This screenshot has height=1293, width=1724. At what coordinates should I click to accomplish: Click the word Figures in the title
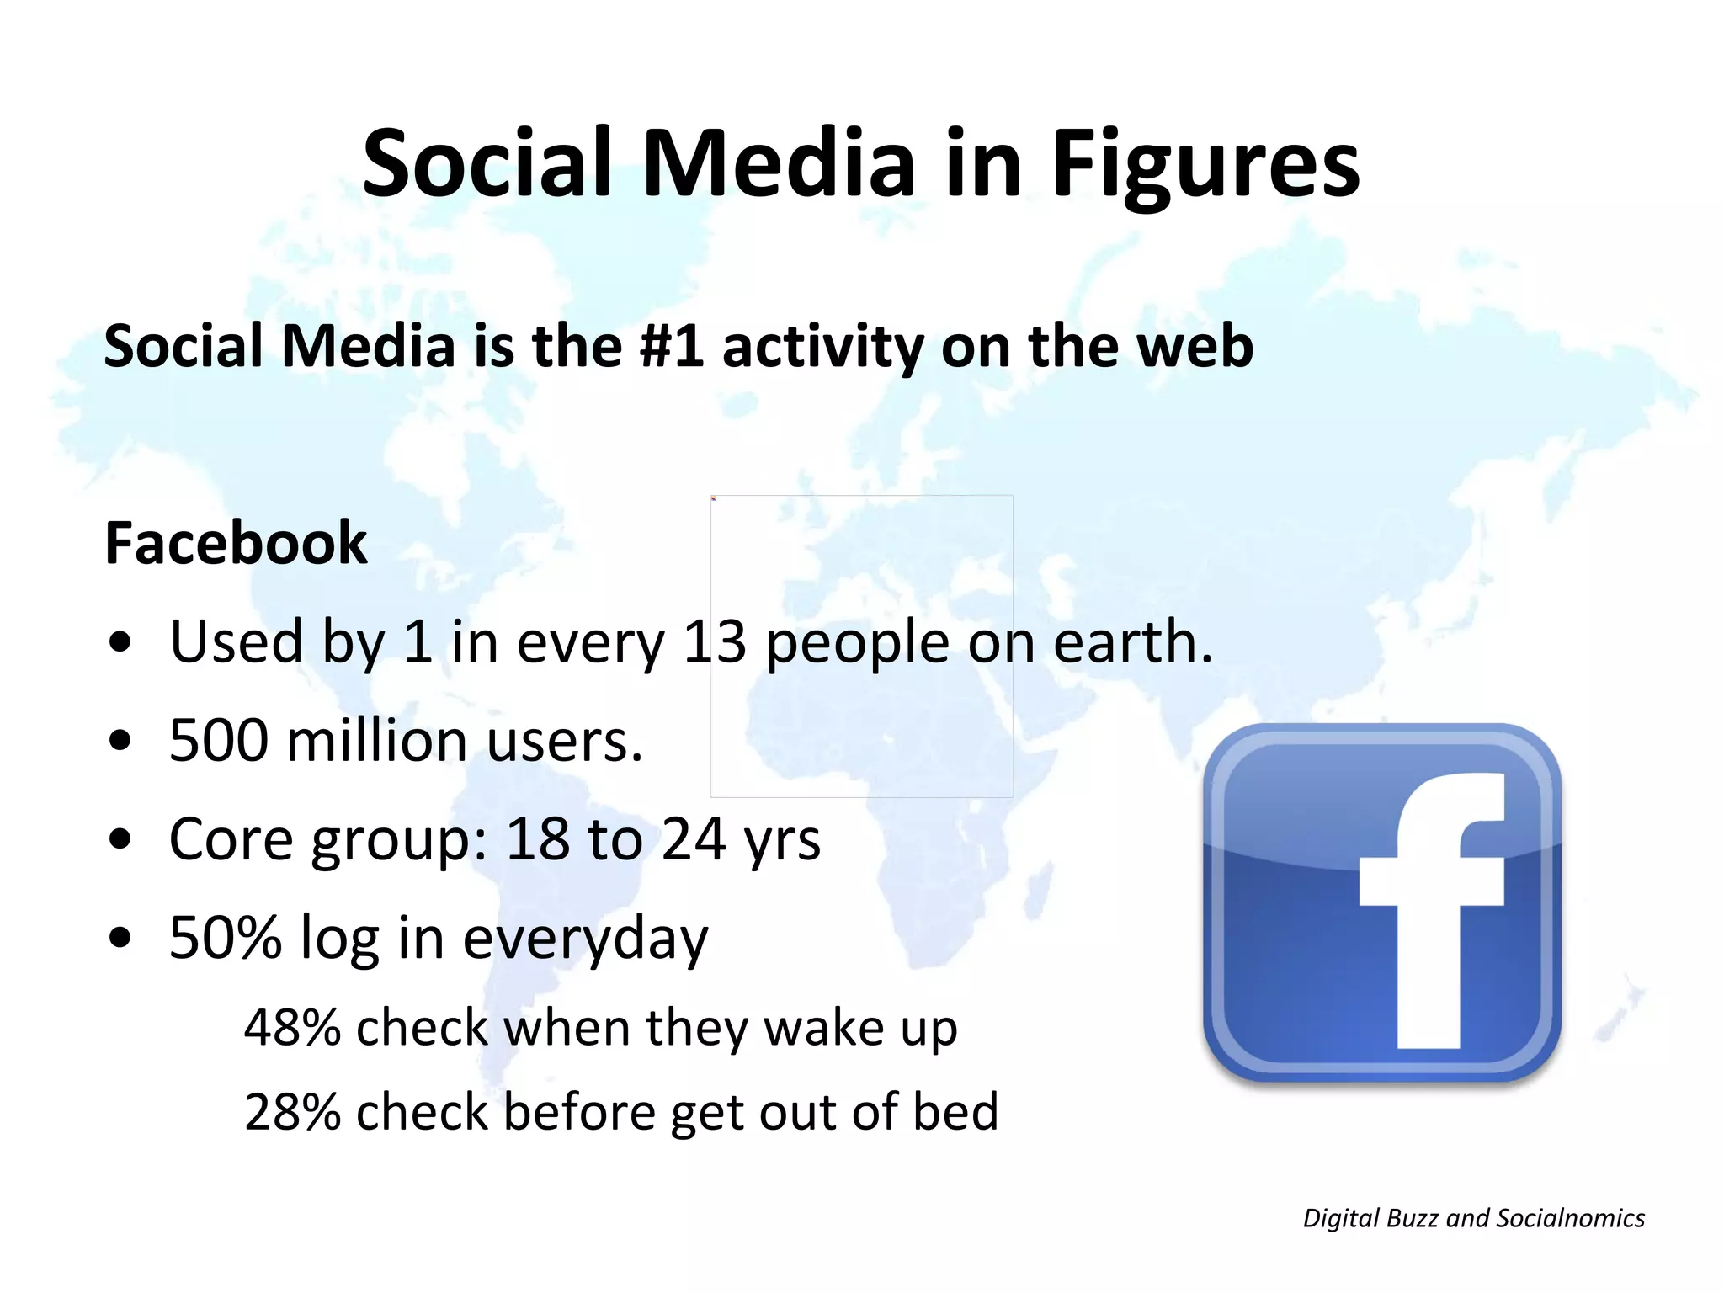pos(1205,164)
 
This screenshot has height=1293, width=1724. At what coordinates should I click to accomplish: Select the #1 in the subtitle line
pos(672,346)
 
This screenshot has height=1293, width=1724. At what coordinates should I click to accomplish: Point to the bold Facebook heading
pos(236,543)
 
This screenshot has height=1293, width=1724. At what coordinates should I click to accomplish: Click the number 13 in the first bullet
pos(714,641)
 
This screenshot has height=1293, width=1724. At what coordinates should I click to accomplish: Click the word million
pos(376,741)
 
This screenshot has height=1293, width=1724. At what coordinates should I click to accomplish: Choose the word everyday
pos(585,939)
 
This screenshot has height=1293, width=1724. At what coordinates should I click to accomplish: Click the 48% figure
pos(291,1028)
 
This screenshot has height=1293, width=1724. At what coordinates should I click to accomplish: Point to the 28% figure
pos(291,1112)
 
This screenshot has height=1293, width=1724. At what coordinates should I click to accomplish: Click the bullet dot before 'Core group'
pos(120,839)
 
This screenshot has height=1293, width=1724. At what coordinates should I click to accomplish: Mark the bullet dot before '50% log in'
pos(120,937)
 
